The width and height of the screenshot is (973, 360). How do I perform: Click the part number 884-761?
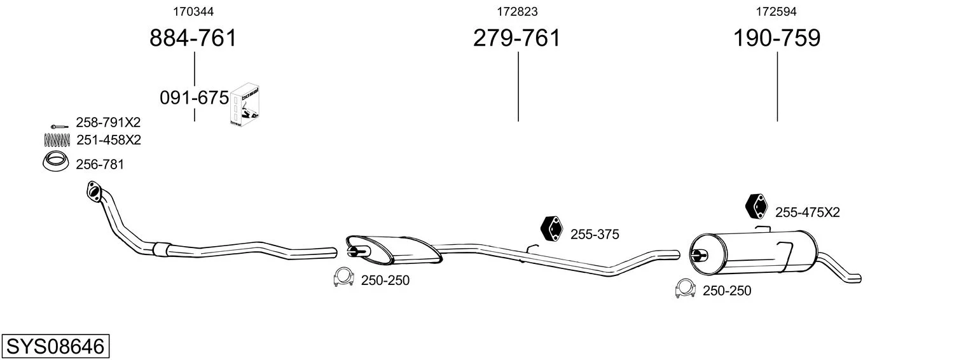[x=193, y=38]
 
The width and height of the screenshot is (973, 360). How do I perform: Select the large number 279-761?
[x=517, y=38]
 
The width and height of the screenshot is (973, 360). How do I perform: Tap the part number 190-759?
[x=776, y=38]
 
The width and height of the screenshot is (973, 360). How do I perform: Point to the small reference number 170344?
[x=193, y=11]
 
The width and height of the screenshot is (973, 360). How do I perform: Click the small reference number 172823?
[x=517, y=11]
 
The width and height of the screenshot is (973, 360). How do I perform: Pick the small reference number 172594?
[x=776, y=11]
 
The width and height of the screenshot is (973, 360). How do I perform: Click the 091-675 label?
[x=194, y=98]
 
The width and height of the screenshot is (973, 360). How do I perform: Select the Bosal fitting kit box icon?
[x=245, y=105]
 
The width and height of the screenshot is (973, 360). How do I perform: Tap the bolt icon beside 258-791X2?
[x=59, y=127]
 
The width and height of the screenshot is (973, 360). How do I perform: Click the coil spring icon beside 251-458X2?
[x=57, y=140]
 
